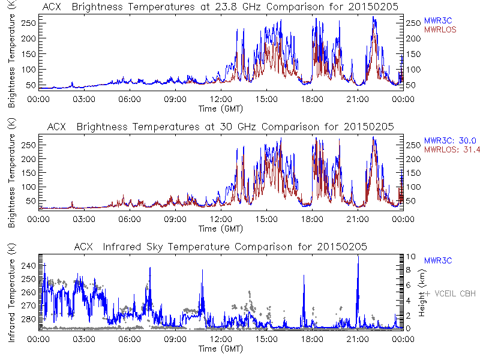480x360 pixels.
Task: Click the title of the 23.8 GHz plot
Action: click(220, 7)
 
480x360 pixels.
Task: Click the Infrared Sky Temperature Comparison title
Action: click(220, 247)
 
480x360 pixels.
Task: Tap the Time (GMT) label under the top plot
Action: click(220, 109)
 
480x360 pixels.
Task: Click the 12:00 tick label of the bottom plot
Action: click(220, 338)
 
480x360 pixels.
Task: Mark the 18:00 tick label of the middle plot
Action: click(311, 218)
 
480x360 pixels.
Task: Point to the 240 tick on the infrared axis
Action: click(29, 265)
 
